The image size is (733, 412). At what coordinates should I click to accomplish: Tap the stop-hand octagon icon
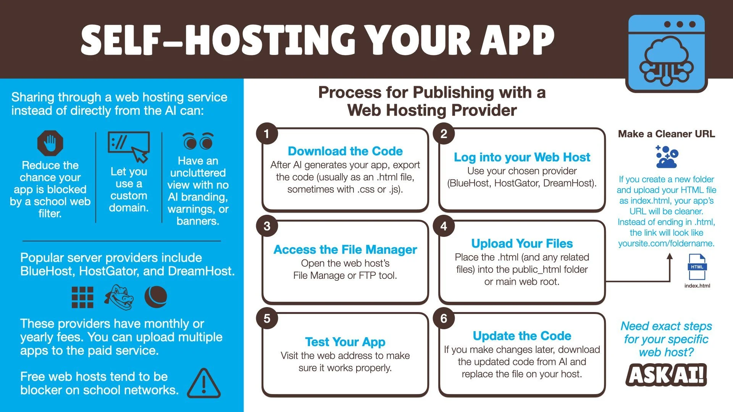tap(50, 143)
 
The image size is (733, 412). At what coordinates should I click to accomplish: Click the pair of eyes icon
tap(198, 141)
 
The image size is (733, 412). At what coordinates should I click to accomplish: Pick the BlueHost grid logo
tap(82, 297)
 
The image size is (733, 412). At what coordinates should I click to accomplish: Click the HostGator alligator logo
tap(119, 297)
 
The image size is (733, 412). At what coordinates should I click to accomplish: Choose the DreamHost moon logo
tap(156, 297)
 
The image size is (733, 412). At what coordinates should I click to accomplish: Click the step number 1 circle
tap(267, 134)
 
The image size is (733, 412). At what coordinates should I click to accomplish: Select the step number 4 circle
tap(444, 226)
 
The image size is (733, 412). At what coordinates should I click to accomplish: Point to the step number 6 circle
tap(444, 319)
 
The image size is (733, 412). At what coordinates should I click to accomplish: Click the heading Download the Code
tap(345, 151)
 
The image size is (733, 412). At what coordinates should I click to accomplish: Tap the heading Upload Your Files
tap(522, 243)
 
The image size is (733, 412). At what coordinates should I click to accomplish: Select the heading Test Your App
tap(345, 342)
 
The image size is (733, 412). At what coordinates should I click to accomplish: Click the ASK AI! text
tap(666, 375)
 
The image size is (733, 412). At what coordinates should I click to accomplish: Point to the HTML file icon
tap(697, 267)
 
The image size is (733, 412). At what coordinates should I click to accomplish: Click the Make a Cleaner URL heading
tap(666, 134)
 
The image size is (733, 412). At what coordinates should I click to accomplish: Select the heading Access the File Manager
tap(345, 249)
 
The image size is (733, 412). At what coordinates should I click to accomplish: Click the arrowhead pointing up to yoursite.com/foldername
tap(670, 257)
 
